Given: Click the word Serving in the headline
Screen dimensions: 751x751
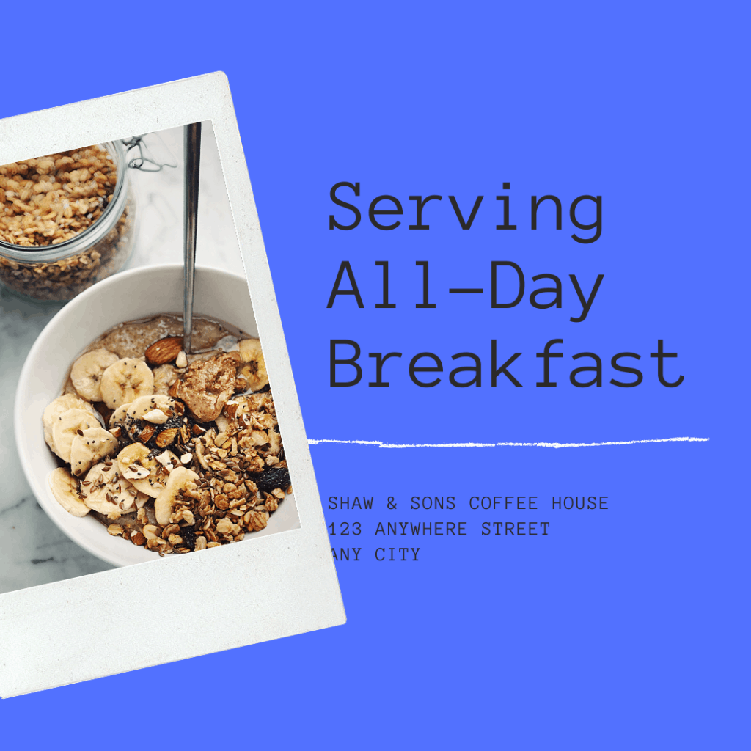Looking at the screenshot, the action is (x=466, y=212).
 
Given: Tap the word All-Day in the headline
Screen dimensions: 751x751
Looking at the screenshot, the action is (x=466, y=290).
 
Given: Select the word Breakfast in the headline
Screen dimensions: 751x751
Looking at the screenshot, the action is (x=507, y=363).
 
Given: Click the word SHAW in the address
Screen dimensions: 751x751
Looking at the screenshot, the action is (x=351, y=503).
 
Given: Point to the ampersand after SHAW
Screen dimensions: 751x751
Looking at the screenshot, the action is (x=392, y=503).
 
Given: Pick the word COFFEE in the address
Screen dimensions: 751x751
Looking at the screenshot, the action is (x=503, y=503).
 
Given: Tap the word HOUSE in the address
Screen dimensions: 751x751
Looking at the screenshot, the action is (x=580, y=503).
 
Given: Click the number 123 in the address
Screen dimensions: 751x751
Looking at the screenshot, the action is (x=345, y=529).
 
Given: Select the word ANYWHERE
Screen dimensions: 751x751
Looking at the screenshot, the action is (x=421, y=529).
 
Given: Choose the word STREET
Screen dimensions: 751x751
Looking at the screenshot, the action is (x=516, y=529).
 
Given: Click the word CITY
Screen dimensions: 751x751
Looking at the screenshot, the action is (x=398, y=554).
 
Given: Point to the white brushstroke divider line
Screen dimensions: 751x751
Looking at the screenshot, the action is (x=508, y=442).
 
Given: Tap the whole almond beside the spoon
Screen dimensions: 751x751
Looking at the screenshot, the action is (x=164, y=350).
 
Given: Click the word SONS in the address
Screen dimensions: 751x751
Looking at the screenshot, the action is (x=433, y=503).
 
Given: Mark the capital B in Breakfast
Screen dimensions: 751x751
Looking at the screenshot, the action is (x=345, y=363).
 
